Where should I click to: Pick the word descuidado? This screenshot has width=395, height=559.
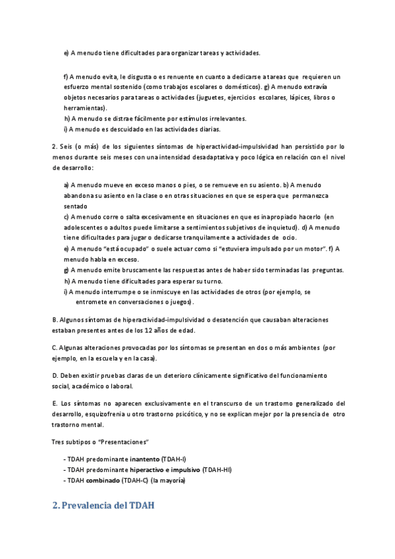point(118,129)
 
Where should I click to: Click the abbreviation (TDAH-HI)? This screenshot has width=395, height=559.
point(217,469)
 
